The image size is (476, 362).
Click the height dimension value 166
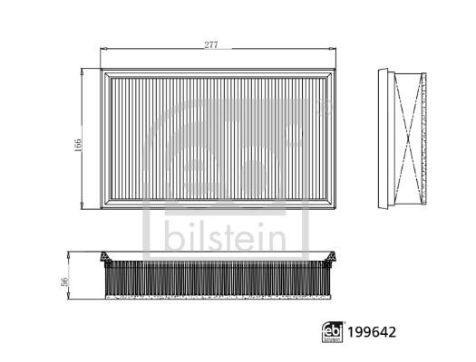click(x=78, y=146)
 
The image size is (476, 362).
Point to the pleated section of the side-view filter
click(x=218, y=281)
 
